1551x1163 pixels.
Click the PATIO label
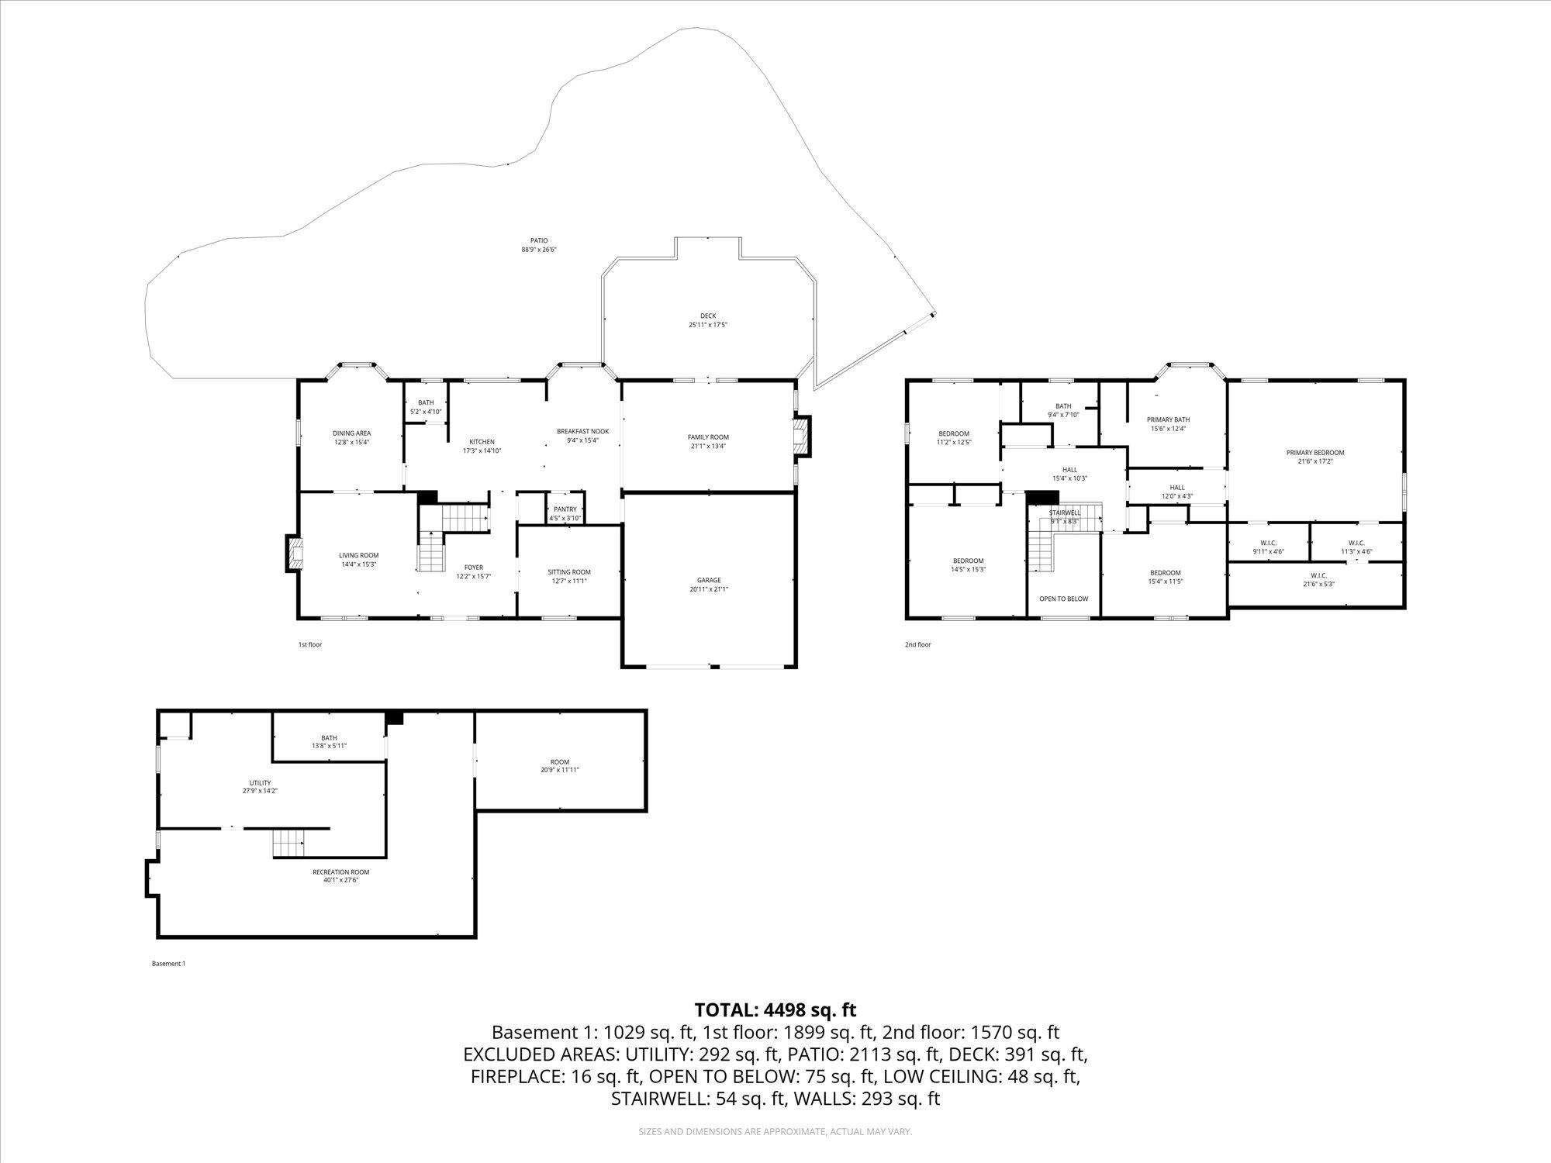pyautogui.click(x=540, y=241)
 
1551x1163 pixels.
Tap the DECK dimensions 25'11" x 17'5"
pyautogui.click(x=707, y=325)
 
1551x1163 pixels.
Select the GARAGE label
pyautogui.click(x=709, y=580)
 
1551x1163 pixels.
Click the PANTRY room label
pyautogui.click(x=565, y=509)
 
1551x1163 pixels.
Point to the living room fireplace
pyautogui.click(x=294, y=554)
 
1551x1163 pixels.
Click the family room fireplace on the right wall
pyautogui.click(x=802, y=437)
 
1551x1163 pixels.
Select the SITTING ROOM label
pyautogui.click(x=569, y=572)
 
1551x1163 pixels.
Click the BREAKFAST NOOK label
pyautogui.click(x=582, y=431)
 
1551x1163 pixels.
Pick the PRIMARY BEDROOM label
pyautogui.click(x=1315, y=453)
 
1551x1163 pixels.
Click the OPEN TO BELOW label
pyautogui.click(x=1063, y=599)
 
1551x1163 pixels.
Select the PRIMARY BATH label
pyautogui.click(x=1168, y=419)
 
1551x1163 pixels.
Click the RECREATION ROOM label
pyautogui.click(x=340, y=871)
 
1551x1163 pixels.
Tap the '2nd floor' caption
pyautogui.click(x=917, y=644)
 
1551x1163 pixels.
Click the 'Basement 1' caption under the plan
pyautogui.click(x=168, y=964)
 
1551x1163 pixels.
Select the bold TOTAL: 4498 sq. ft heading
pyautogui.click(x=775, y=1009)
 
